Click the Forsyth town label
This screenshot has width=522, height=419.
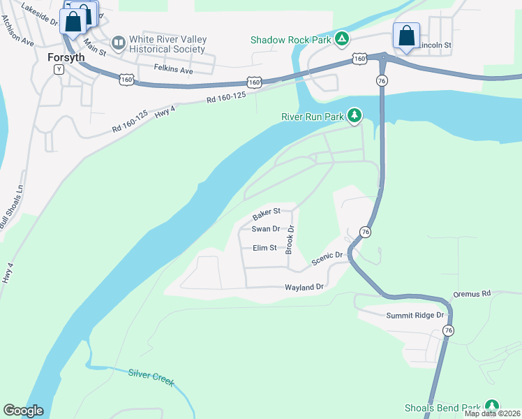pos(66,58)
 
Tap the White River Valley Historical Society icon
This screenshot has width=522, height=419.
pos(118,44)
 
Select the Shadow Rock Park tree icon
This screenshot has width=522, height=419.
pos(341,38)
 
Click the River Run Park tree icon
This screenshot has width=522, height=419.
pos(355,115)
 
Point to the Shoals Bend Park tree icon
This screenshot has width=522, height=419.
pos(493,406)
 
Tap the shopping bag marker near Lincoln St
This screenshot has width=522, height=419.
pos(405,36)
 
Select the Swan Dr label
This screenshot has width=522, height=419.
pos(265,229)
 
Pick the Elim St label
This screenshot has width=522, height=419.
pos(264,248)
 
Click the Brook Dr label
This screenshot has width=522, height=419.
pos(291,239)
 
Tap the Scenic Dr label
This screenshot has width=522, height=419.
pos(329,258)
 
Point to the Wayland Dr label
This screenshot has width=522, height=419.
pos(304,287)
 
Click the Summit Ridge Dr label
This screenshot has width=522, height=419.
pos(415,316)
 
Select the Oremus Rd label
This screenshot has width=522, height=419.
pos(472,294)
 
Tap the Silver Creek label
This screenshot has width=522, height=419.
pos(151,376)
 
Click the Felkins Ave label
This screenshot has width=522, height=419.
pos(172,69)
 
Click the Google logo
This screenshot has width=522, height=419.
pos(22,411)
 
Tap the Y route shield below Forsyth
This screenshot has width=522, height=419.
pos(59,70)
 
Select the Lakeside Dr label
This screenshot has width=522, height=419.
pos(40,14)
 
